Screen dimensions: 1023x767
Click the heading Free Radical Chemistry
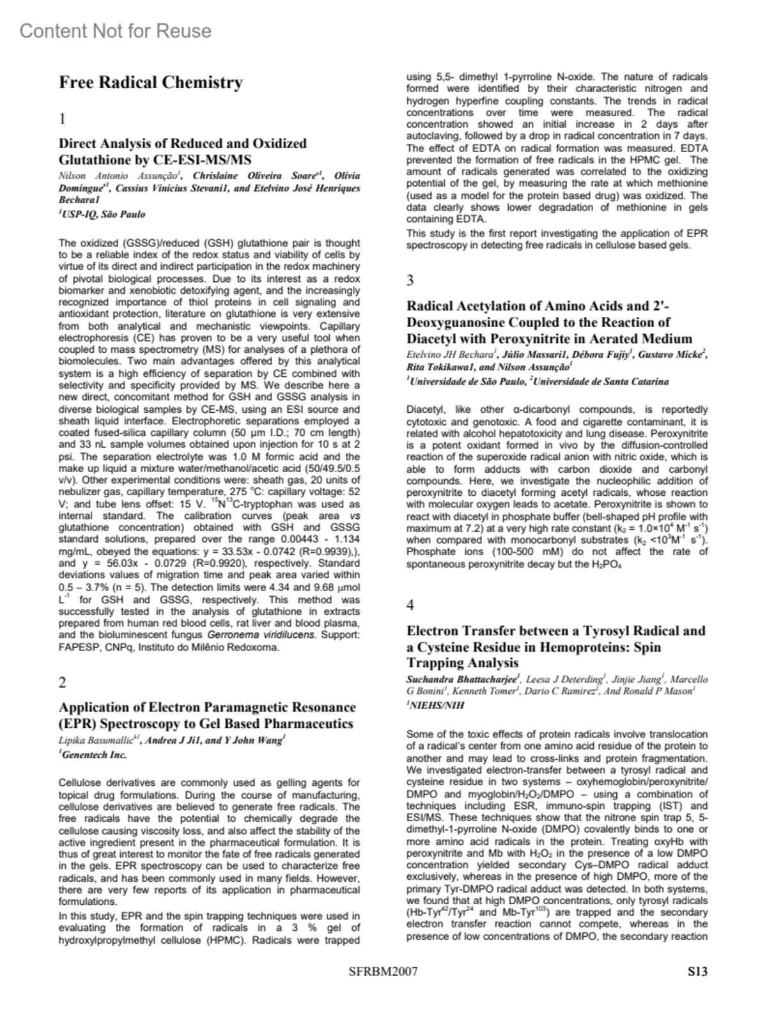click(x=151, y=82)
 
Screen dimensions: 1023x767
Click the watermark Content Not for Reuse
click(x=115, y=31)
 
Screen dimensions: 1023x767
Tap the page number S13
click(x=697, y=972)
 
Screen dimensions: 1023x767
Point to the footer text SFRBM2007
click(x=383, y=972)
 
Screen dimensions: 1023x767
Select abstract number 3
click(x=410, y=280)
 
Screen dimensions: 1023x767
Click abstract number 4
click(x=410, y=604)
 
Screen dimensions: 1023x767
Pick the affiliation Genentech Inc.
click(x=93, y=755)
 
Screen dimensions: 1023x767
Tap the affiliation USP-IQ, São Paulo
click(x=102, y=215)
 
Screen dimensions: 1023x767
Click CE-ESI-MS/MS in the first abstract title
click(x=206, y=160)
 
